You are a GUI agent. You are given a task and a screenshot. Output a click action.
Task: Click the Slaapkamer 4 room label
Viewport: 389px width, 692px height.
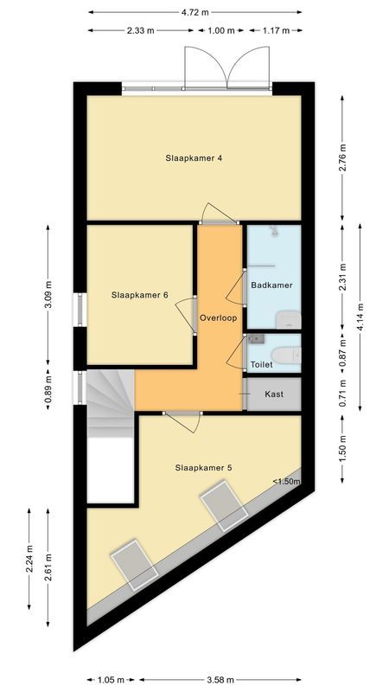click(x=194, y=158)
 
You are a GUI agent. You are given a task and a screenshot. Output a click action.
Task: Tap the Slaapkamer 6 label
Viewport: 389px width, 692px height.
click(x=139, y=295)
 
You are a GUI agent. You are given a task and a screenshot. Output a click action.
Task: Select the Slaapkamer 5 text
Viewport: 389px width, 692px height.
click(x=203, y=468)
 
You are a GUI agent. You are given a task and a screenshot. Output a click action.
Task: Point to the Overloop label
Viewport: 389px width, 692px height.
click(x=218, y=318)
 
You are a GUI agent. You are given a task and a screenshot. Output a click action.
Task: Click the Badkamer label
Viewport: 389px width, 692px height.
click(x=271, y=285)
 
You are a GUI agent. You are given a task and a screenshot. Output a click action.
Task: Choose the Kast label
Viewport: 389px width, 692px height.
click(x=274, y=394)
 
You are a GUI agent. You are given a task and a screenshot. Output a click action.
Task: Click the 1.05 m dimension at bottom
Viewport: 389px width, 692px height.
click(x=112, y=679)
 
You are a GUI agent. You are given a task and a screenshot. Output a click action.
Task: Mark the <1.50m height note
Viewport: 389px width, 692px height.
click(x=286, y=482)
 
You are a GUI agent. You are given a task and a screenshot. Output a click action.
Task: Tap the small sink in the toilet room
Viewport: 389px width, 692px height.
click(x=254, y=343)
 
